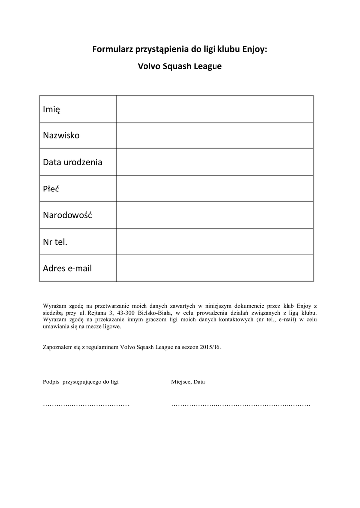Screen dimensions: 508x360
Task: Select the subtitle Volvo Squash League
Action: coord(179,66)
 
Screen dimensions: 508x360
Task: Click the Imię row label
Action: coord(52,109)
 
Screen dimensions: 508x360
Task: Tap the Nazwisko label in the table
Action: coord(61,135)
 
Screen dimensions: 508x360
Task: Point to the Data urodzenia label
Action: coord(72,162)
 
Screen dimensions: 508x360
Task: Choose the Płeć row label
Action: coord(51,189)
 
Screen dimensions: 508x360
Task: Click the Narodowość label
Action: coord(68,216)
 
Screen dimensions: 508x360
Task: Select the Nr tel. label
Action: coord(55,242)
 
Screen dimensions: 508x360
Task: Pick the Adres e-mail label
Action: coord(68,269)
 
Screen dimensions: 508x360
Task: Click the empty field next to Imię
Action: coord(215,109)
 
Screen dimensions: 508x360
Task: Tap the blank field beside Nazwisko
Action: coord(215,135)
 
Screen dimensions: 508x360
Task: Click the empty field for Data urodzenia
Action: coord(215,162)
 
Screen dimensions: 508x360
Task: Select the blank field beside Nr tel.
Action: coord(215,242)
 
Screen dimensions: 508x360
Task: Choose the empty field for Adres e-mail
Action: coord(215,269)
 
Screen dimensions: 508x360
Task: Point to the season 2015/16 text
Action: coord(211,348)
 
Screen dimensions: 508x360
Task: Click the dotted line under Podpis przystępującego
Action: coord(86,405)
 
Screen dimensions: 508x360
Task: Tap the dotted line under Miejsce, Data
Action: coord(241,405)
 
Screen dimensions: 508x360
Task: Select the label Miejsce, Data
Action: coord(188,382)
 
